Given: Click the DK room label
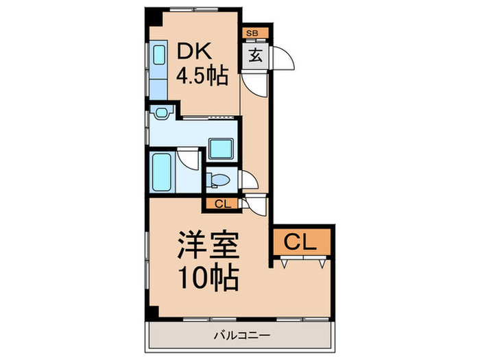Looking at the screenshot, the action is point(194,51).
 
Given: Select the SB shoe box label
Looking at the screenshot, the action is point(252,34).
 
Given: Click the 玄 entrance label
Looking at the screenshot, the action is point(255,56).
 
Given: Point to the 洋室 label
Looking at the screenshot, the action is point(208,245).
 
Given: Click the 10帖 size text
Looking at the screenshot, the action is point(209,277).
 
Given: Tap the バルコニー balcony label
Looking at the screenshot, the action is point(242,335).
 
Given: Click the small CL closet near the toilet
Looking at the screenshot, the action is point(221,204).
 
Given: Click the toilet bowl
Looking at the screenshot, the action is point(217,180).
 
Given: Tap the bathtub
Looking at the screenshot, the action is point(162,171).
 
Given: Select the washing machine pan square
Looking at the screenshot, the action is point(221,149).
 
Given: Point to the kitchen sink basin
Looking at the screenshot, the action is point(159,55).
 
